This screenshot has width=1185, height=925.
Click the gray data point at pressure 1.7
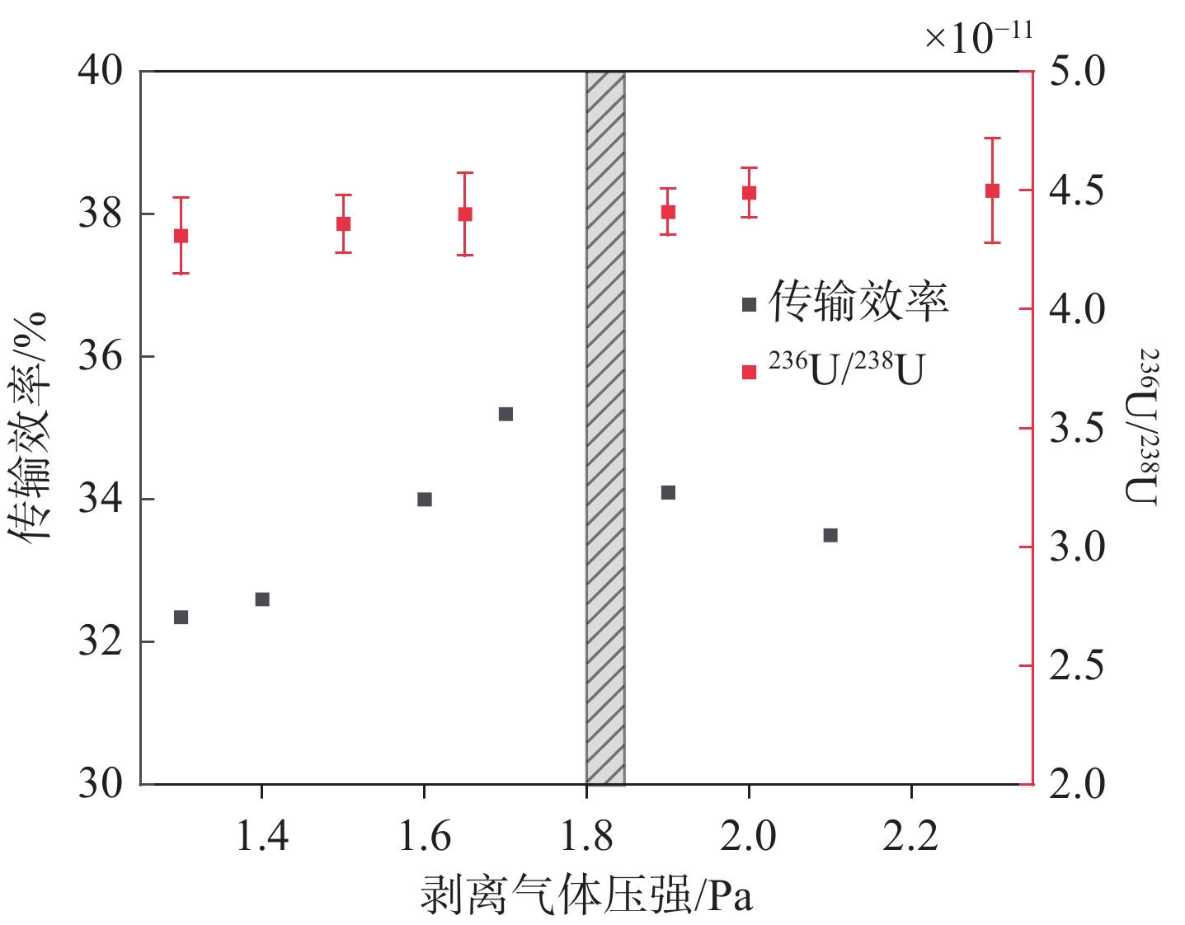506,414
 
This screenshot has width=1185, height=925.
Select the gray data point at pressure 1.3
181,617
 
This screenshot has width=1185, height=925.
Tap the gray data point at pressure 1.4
262,599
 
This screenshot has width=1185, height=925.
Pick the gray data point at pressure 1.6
425,500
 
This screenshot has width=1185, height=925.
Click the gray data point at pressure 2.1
830,536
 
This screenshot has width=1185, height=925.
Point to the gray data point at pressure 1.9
668,493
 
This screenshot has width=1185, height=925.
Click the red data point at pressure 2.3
993,191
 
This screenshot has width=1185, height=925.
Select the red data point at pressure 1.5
344,224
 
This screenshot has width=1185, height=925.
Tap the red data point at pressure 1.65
465,214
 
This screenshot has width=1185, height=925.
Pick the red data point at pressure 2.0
749,193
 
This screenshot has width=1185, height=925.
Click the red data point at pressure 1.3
181,236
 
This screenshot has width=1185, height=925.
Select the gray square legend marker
749,305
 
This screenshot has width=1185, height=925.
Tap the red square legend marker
749,373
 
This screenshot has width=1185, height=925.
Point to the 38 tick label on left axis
100,214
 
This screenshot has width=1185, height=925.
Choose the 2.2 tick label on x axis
910,838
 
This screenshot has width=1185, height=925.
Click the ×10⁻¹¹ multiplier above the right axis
978,36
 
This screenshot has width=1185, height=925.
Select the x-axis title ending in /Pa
587,895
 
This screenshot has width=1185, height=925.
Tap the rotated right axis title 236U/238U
1143,427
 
